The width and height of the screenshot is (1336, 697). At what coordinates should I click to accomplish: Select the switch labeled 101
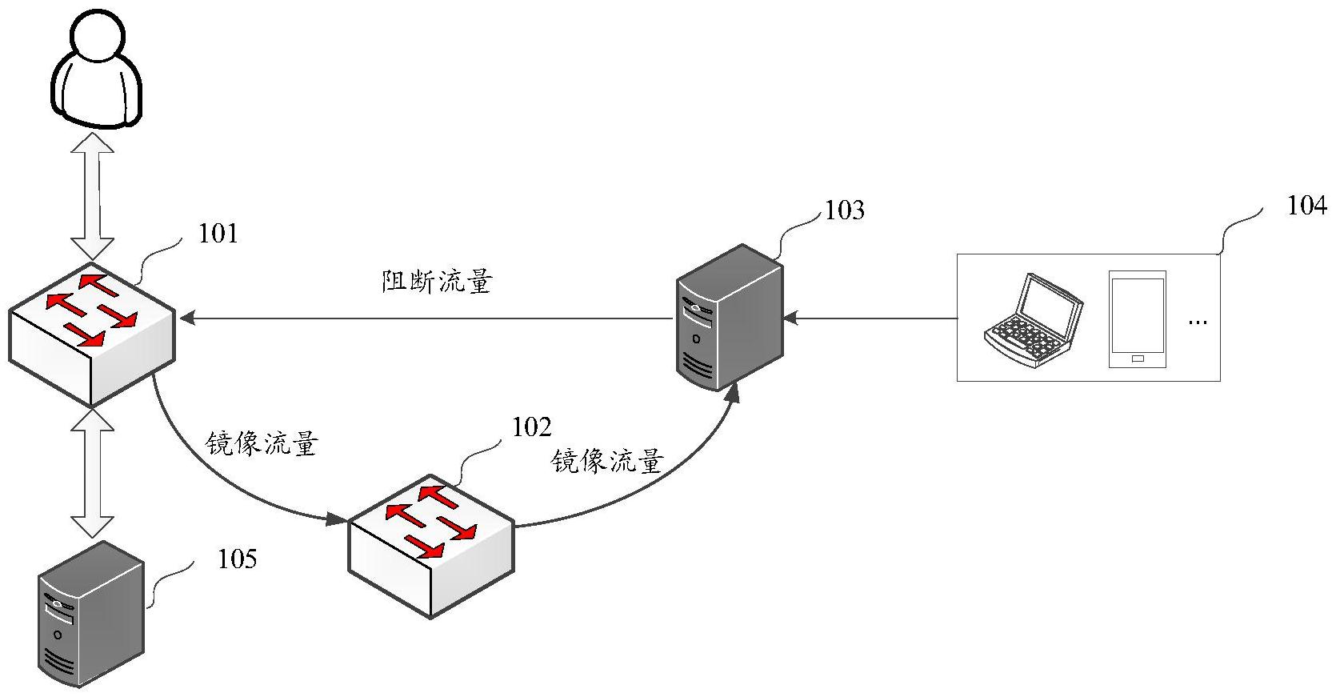[x=91, y=333]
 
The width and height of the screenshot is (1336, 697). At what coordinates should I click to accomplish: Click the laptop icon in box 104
[x=1033, y=321]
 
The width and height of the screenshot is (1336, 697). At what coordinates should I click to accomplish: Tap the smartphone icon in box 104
[x=1137, y=319]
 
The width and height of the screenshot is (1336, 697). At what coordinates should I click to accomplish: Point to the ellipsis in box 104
[x=1197, y=322]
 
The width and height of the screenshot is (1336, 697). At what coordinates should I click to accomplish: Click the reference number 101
[x=218, y=234]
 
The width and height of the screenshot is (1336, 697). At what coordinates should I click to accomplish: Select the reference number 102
[x=531, y=427]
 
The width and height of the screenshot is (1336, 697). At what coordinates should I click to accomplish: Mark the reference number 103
[x=844, y=210]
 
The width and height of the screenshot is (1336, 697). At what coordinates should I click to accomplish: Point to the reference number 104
[x=1306, y=206]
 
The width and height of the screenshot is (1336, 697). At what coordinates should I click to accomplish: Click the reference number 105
[x=237, y=559]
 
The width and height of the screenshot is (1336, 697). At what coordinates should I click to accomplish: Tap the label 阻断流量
[x=436, y=282]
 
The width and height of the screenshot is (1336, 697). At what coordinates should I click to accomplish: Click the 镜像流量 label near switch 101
[x=262, y=443]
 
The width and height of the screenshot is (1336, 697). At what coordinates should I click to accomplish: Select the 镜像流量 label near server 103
[x=608, y=461]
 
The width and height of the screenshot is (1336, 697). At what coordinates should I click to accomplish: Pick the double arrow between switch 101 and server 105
[x=93, y=472]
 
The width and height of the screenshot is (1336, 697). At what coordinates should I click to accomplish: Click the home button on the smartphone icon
[x=1137, y=358]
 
